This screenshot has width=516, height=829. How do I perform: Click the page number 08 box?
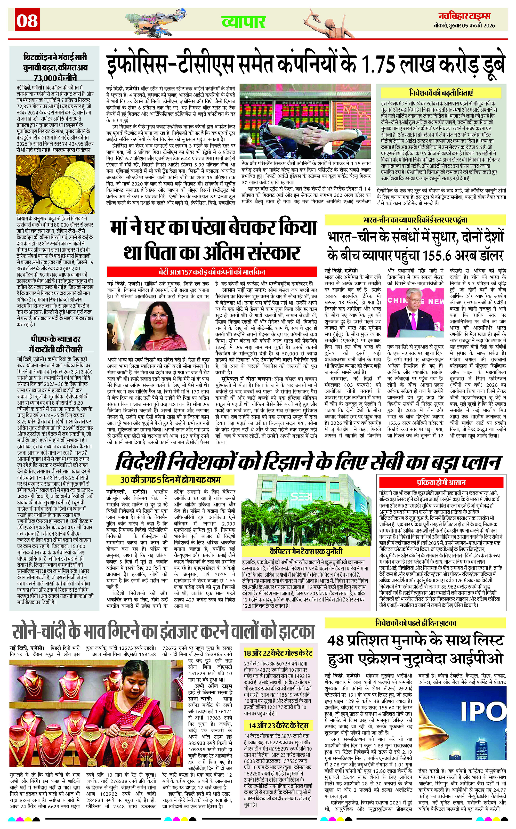click(27, 21)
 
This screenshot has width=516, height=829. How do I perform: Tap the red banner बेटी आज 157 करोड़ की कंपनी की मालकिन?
click(212, 272)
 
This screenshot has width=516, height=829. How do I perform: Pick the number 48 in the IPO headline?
click(336, 641)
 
